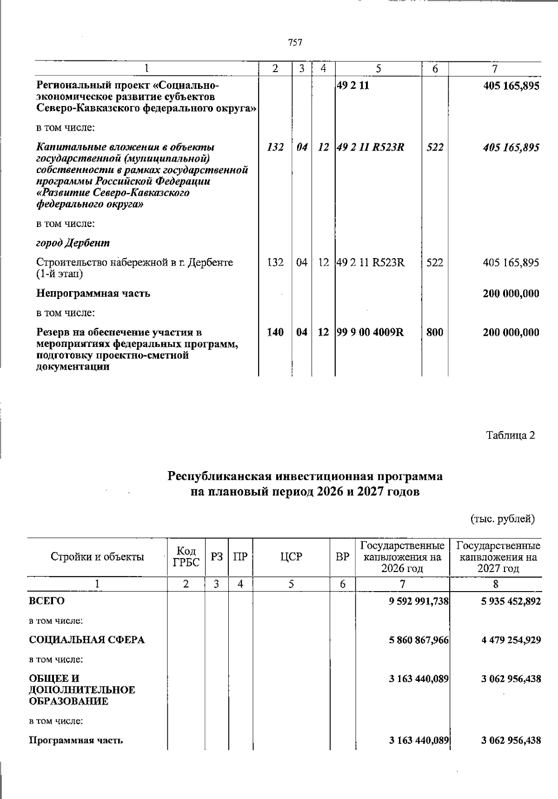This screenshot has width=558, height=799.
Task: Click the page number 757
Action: point(295,43)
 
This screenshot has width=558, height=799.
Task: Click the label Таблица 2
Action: point(510,435)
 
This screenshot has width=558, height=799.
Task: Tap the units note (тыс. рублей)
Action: point(503,519)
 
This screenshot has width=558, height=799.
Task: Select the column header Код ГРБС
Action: point(186,557)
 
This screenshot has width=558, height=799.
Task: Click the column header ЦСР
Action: point(291,557)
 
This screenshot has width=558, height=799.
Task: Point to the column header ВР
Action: point(342,557)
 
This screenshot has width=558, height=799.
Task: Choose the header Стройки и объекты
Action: point(97,557)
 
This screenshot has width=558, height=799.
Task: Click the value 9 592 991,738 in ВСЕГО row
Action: point(418,601)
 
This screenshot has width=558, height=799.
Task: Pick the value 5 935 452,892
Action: point(511,601)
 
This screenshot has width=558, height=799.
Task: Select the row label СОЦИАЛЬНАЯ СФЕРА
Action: point(87,640)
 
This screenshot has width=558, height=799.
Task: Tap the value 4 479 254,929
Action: point(511,640)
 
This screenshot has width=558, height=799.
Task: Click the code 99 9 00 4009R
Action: point(370,333)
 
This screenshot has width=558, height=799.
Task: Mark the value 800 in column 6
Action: point(434,333)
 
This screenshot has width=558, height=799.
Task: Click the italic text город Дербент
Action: point(73,243)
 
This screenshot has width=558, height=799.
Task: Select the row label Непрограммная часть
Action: point(93,293)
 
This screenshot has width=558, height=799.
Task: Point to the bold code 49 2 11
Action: point(352,86)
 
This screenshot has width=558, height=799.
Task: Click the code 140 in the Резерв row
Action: point(275,333)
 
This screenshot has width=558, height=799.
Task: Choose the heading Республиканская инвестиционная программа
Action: point(305,477)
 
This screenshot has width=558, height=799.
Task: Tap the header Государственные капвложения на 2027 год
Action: point(498,557)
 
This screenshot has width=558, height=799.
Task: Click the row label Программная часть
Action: point(76,740)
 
